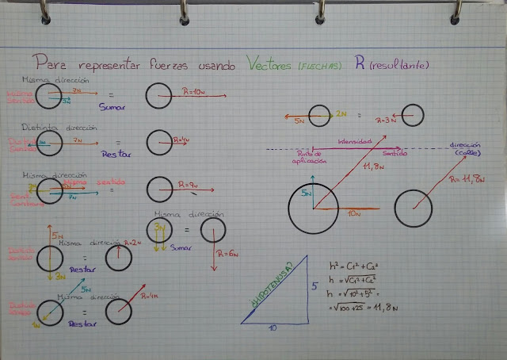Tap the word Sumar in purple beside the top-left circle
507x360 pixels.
(x=112, y=105)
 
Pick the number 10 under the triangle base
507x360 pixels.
(x=273, y=326)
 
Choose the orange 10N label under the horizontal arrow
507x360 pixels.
(x=354, y=214)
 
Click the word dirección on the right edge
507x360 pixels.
(x=466, y=145)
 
